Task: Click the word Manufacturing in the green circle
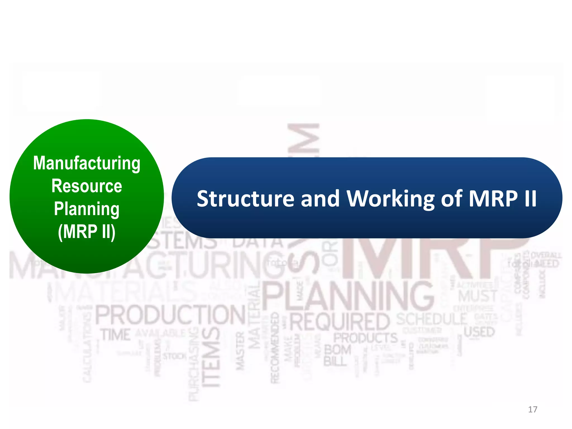pos(87,163)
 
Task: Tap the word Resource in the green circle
pos(87,186)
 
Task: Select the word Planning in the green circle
pos(87,209)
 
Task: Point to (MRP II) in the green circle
pos(87,232)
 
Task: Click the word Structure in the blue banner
pos(246,199)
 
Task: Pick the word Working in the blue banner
pos(390,199)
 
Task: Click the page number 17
pos(533,409)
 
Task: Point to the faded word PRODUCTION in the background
pos(170,315)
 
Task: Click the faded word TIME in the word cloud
pos(116,335)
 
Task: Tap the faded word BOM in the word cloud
pos(337,350)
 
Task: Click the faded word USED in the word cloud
pos(479,332)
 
